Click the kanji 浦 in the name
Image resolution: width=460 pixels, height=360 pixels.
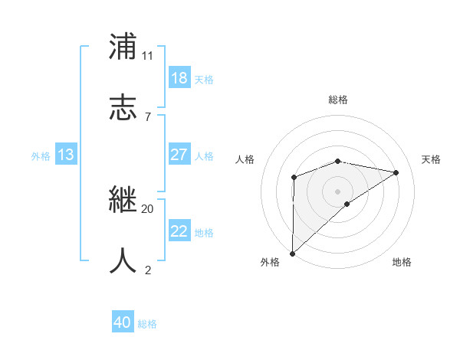(123, 47)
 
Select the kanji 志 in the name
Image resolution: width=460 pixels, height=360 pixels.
(123, 106)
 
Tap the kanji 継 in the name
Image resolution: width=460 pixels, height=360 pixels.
(123, 200)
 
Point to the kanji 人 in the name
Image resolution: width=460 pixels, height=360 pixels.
(123, 260)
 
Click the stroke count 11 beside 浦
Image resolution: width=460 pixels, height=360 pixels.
(147, 56)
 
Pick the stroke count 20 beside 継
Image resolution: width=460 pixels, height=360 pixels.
(147, 208)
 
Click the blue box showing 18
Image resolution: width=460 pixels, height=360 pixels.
(179, 78)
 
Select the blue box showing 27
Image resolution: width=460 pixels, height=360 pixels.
(179, 155)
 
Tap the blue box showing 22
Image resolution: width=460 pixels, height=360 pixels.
(179, 231)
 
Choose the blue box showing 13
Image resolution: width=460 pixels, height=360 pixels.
(66, 155)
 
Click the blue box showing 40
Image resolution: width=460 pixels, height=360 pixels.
(123, 322)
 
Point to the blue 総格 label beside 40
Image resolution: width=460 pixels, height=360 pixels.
(147, 324)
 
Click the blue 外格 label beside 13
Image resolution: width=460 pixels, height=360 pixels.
(41, 156)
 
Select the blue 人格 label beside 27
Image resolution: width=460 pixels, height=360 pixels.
(204, 156)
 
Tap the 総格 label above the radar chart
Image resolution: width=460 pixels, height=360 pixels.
(338, 100)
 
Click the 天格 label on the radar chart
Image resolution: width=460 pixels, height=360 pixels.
(432, 159)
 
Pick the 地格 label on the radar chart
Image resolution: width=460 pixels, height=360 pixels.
(402, 263)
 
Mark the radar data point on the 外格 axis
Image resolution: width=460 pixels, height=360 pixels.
(292, 254)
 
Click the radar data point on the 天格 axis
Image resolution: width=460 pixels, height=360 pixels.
(396, 172)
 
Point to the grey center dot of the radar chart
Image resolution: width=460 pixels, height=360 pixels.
(338, 191)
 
